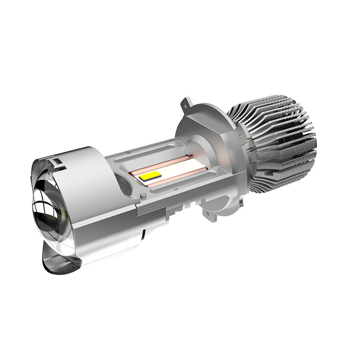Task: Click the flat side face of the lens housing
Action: (x=103, y=225)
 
